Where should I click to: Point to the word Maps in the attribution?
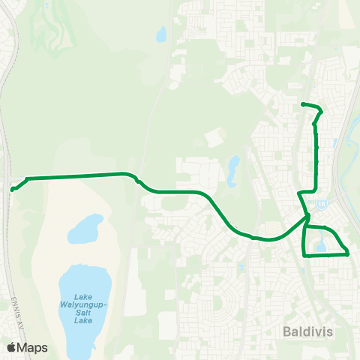click(33, 347)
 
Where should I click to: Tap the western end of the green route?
click(12, 190)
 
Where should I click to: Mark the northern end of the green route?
click(302, 103)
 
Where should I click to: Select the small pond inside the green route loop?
click(321, 244)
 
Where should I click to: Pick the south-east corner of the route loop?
click(349, 254)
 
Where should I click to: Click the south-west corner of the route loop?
click(304, 255)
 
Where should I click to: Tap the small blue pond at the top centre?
click(160, 34)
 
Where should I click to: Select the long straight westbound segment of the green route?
click(75, 176)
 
